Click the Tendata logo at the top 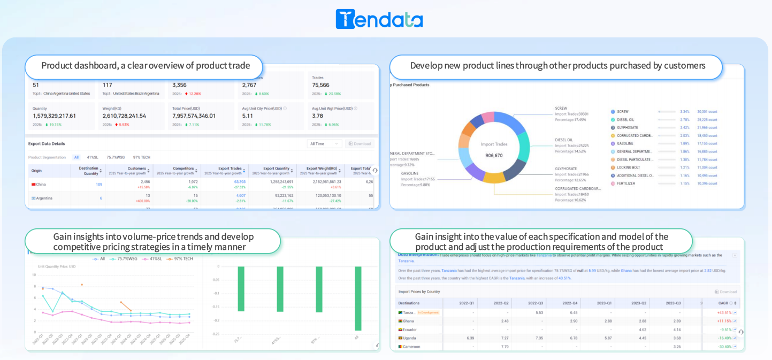[379, 19]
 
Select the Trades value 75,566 [320, 85]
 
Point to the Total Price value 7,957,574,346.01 [194, 116]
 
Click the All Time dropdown [324, 144]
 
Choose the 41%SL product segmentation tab [93, 157]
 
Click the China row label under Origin [41, 185]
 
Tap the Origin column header [36, 171]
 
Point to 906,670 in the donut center [494, 156]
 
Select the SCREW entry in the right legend [622, 112]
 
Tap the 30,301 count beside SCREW [707, 112]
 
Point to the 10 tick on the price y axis [34, 275]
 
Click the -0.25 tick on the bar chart [215, 334]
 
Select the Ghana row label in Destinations [408, 321]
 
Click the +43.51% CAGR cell [724, 312]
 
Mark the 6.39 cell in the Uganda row [470, 338]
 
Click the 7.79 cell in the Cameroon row [505, 347]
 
